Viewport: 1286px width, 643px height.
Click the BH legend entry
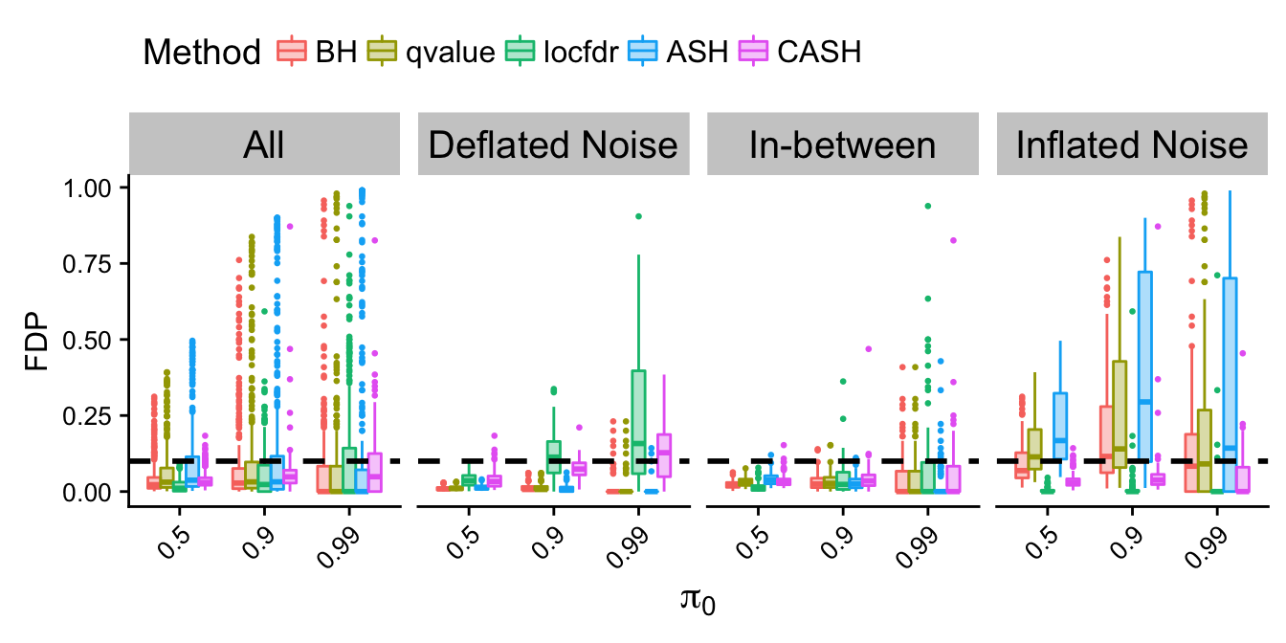(x=317, y=52)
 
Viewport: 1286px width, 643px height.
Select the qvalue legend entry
(x=432, y=52)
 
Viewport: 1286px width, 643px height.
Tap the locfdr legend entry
(x=562, y=52)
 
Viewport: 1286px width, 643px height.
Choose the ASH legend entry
(x=677, y=52)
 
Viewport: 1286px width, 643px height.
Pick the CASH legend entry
(x=800, y=52)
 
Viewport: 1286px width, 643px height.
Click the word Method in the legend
(x=202, y=53)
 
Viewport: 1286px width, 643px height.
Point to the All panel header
(x=264, y=144)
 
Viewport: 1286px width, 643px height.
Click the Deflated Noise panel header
(x=553, y=144)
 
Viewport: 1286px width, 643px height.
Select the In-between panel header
(x=843, y=144)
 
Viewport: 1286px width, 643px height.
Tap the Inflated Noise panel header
(x=1132, y=144)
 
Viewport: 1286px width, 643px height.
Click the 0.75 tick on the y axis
(x=87, y=264)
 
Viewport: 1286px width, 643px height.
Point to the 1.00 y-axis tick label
(x=87, y=188)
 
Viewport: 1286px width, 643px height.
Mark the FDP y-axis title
(x=36, y=341)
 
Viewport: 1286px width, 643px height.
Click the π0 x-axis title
(x=698, y=599)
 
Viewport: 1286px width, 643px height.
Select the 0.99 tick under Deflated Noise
(x=628, y=547)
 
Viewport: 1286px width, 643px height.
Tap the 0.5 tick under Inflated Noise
(x=1041, y=543)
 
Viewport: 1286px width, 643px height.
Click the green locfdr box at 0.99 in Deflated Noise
(x=638, y=422)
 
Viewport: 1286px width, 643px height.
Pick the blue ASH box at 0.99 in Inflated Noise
(x=1230, y=385)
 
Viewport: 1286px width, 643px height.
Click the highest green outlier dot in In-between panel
(x=928, y=206)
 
